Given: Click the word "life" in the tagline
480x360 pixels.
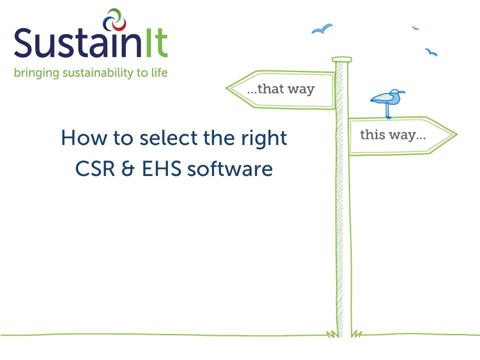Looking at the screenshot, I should coord(159,72).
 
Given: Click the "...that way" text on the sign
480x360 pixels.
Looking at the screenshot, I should coord(281,89).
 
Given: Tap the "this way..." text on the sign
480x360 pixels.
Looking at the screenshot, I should coord(393,134).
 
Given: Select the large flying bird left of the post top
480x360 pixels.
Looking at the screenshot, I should coord(322,29).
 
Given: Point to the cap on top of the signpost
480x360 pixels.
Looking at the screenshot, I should coord(342,59).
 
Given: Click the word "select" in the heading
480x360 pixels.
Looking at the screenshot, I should coord(161,137).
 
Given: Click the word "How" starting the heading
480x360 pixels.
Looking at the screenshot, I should coord(79,137).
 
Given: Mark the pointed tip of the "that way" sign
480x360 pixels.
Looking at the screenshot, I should coord(228,89).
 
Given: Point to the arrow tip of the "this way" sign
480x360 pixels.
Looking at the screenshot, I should coord(455,134).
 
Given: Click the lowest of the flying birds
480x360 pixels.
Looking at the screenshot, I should coord(431,52).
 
